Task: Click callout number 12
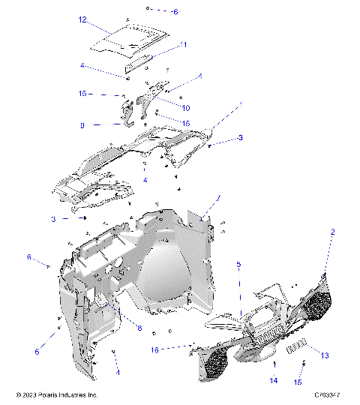pyautogui.click(x=83, y=19)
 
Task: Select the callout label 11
pyautogui.click(x=184, y=45)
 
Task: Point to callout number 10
pyautogui.click(x=185, y=107)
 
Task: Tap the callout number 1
pyautogui.click(x=241, y=104)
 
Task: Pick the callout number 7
pyautogui.click(x=219, y=198)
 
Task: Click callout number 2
pyautogui.click(x=331, y=232)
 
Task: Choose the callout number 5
pyautogui.click(x=238, y=264)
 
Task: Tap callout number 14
pyautogui.click(x=274, y=381)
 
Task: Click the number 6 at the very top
pyautogui.click(x=175, y=12)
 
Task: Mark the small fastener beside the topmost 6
pyautogui.click(x=149, y=9)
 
